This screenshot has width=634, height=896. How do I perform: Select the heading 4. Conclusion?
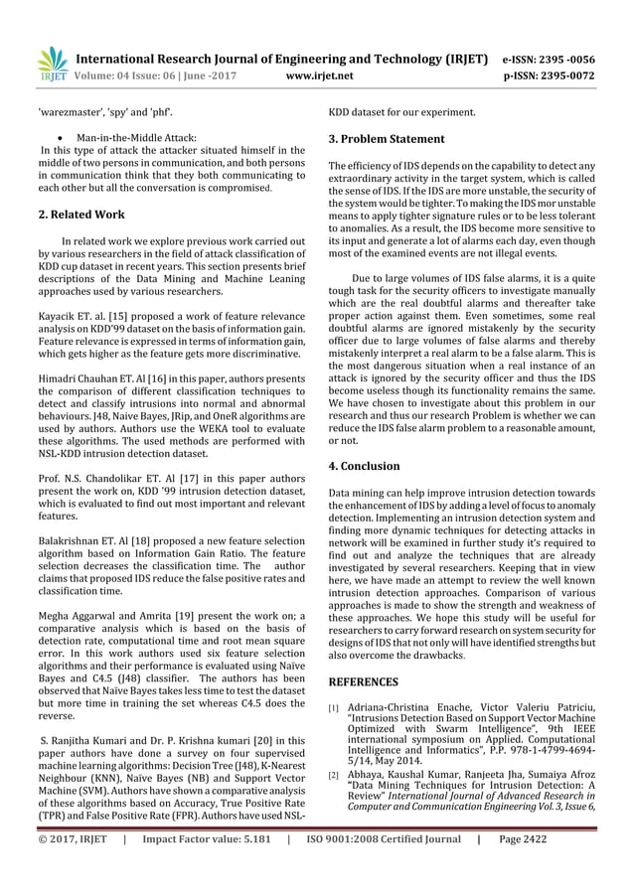coord(364,465)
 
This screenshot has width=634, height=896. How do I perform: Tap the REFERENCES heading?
coord(364,682)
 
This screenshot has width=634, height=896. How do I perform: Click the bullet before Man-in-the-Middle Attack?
coord(65,137)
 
